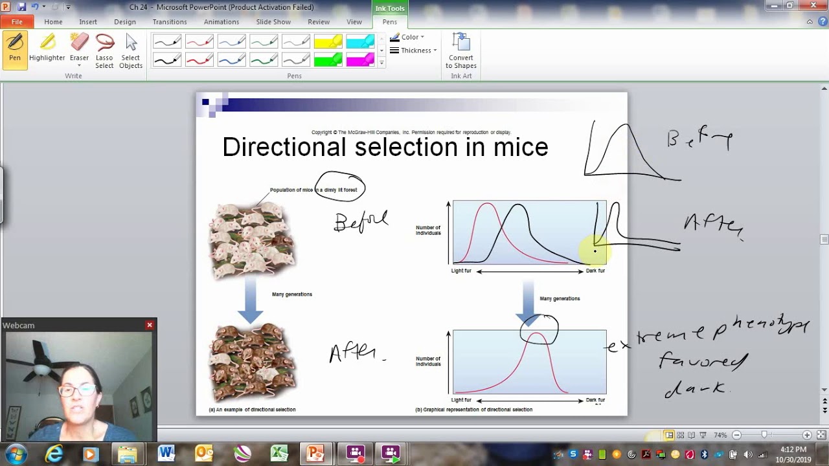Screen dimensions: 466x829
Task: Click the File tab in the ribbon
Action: point(17,22)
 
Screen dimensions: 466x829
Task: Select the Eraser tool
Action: point(79,49)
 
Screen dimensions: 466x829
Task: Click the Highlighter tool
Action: point(47,49)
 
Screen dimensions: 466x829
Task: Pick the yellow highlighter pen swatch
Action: point(328,43)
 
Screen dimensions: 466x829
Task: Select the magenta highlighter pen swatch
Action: point(360,60)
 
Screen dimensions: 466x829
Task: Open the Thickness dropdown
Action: point(415,50)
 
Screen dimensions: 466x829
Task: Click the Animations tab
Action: point(221,22)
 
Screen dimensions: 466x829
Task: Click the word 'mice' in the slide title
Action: point(521,148)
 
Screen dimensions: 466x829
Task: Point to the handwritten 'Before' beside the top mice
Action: point(361,221)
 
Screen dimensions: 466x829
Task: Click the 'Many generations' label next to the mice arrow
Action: point(292,294)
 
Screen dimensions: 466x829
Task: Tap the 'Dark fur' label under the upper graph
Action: point(595,271)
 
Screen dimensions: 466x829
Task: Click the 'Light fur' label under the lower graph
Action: point(461,401)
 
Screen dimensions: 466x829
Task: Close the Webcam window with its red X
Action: point(150,325)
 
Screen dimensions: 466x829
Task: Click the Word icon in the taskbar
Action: point(166,453)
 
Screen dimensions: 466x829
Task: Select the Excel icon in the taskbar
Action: point(279,453)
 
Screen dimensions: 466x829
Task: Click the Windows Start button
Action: point(16,453)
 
